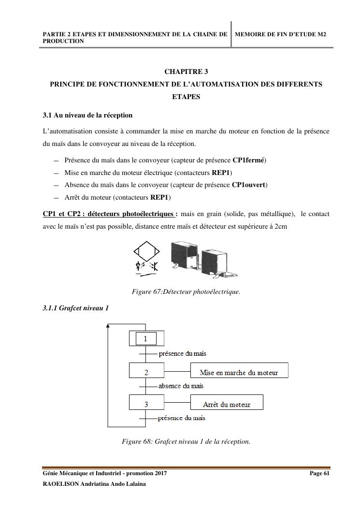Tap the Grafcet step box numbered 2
click(146, 371)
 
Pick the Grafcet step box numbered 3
click(146, 403)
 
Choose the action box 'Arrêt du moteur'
click(227, 403)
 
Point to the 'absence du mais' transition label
click(181, 386)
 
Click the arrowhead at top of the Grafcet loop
click(108, 325)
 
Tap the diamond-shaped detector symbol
click(146, 250)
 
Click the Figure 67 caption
click(186, 292)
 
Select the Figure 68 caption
click(186, 441)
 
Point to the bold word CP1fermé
click(249, 160)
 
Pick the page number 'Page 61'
click(319, 474)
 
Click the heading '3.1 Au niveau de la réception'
click(87, 116)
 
